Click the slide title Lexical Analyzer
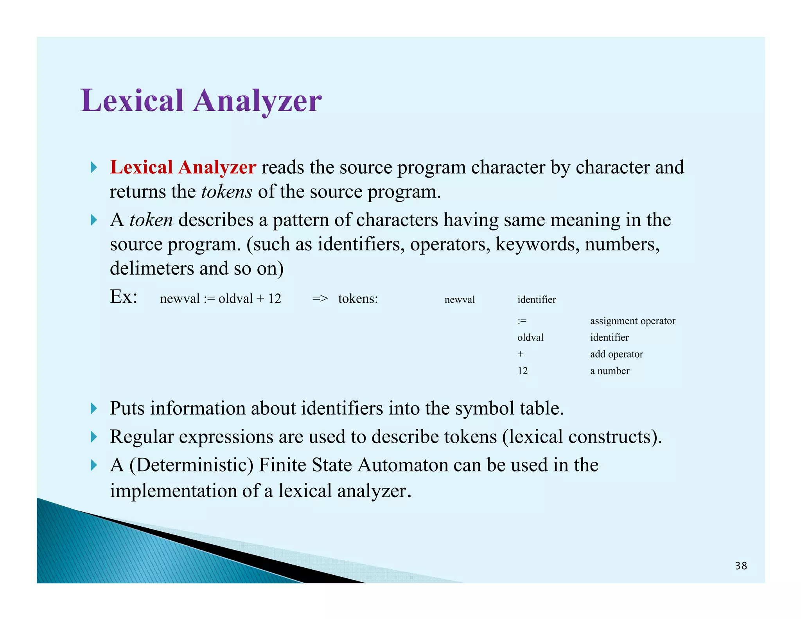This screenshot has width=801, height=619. click(201, 101)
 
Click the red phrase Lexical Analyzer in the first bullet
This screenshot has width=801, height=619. click(183, 167)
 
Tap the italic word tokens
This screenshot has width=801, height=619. click(226, 192)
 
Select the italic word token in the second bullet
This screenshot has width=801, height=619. click(151, 220)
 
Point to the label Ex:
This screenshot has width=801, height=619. click(124, 297)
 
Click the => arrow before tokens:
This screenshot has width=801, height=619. click(320, 299)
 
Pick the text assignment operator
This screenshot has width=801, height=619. click(632, 321)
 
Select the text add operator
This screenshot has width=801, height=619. click(616, 354)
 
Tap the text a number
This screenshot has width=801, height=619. click(609, 371)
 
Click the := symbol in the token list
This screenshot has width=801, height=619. click(522, 321)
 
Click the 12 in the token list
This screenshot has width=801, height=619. click(523, 371)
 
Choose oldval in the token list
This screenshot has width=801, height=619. click(530, 338)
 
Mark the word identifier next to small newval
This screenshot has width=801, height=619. click(536, 300)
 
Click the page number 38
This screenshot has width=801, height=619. click(741, 566)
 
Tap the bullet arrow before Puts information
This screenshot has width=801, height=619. click(93, 408)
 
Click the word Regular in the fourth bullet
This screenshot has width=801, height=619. click(142, 437)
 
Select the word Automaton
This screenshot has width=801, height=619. click(403, 465)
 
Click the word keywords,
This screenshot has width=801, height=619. click(537, 245)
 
